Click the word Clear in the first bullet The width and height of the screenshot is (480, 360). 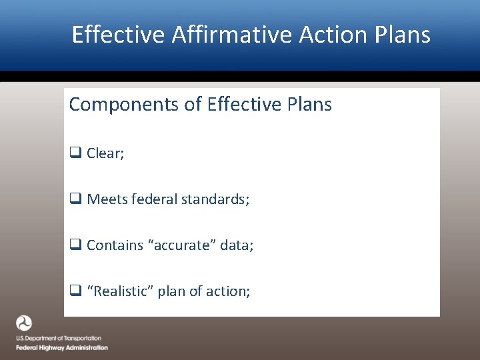tap(103, 153)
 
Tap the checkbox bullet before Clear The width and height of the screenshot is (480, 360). tap(75, 153)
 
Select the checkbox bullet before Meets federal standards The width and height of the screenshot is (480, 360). tap(75, 199)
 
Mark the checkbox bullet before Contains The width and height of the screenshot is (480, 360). tap(75, 245)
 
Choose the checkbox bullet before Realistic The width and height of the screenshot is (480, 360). tap(75, 291)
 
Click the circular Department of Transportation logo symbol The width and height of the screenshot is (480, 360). tap(24, 323)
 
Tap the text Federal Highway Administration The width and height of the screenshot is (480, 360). tap(62, 347)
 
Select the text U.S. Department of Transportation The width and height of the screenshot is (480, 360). tap(59, 339)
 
